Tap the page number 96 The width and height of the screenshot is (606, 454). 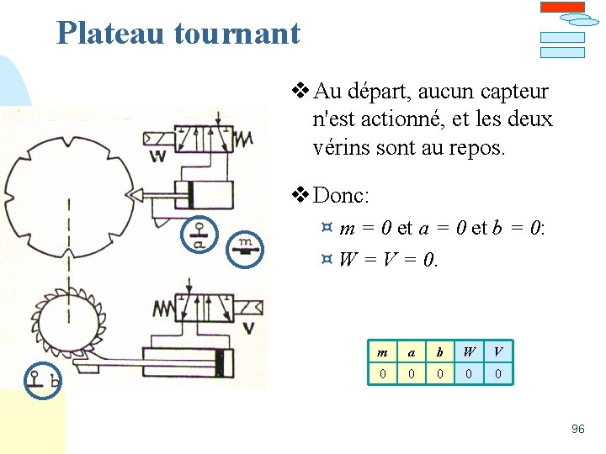pyautogui.click(x=577, y=429)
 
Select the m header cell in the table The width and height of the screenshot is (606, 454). pyautogui.click(x=383, y=352)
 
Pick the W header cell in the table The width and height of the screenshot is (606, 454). pyautogui.click(x=469, y=352)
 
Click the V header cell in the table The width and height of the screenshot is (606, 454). pyautogui.click(x=498, y=352)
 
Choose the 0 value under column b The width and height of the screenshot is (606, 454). pyautogui.click(x=439, y=373)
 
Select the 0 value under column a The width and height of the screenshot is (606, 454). pyautogui.click(x=411, y=373)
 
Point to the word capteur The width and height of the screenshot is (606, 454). pyautogui.click(x=513, y=91)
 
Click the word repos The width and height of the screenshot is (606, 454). pyautogui.click(x=477, y=148)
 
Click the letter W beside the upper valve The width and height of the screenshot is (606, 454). pyautogui.click(x=157, y=156)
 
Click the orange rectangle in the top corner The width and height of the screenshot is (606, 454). pyautogui.click(x=561, y=7)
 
